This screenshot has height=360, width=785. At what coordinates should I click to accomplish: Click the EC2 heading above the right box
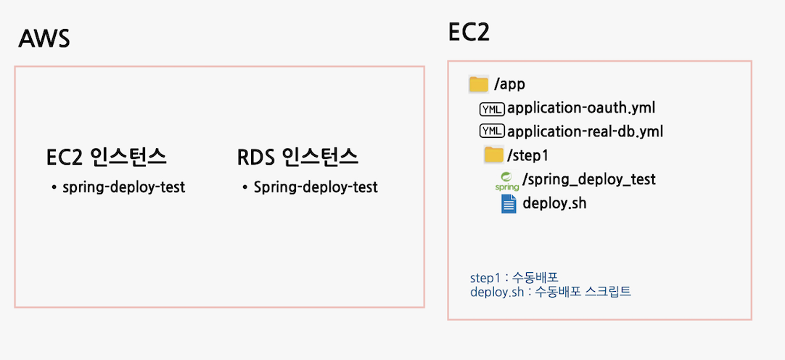469,33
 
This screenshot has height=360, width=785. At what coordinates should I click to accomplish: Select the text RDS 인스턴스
297,157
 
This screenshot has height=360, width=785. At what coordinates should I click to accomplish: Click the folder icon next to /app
478,84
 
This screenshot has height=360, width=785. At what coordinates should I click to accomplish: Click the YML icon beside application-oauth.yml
491,109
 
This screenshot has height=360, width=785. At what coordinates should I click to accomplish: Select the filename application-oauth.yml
581,108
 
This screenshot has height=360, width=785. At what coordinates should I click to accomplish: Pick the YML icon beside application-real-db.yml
491,132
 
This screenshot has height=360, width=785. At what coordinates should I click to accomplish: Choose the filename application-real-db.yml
585,132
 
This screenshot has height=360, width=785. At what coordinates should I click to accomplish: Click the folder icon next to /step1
493,155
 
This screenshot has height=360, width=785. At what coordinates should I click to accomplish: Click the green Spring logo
507,181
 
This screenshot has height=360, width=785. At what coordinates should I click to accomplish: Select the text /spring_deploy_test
588,179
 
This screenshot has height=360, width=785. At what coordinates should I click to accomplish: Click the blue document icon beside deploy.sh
509,203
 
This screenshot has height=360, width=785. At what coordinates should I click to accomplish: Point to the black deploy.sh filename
554,203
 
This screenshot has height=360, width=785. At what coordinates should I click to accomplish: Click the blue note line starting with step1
514,278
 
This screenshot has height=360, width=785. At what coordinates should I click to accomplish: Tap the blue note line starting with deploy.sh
551,292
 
